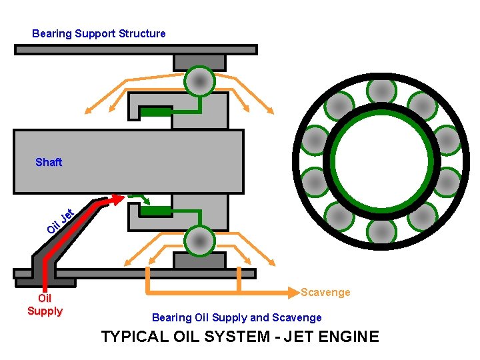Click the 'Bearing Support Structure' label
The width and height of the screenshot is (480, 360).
99,33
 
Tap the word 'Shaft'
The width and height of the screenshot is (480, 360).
49,162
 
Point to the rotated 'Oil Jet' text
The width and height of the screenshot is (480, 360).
59,222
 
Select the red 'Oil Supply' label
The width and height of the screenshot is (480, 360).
45,305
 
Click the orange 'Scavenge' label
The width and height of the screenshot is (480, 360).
325,292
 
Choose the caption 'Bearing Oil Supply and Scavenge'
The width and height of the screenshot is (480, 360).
237,318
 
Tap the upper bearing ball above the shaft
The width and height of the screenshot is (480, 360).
199,81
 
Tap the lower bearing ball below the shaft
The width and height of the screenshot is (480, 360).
199,241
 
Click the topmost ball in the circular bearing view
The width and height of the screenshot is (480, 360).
382,89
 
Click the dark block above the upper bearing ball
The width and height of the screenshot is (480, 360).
199,61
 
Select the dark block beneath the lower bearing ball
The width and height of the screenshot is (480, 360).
199,261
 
